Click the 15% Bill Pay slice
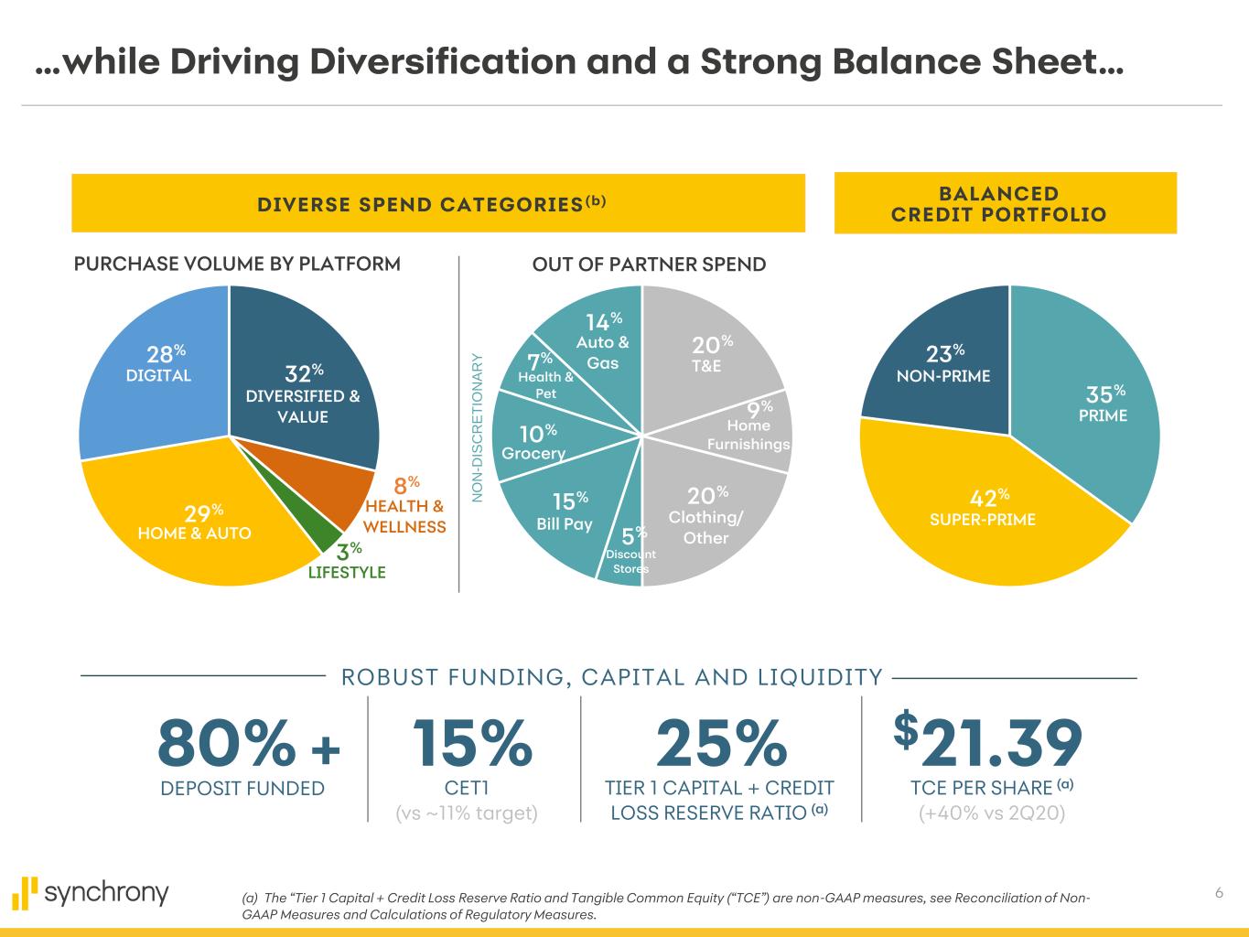[x=558, y=517]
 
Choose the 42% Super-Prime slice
[x=988, y=512]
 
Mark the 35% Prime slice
[x=1098, y=403]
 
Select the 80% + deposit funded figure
[x=248, y=743]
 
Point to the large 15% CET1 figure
[x=471, y=743]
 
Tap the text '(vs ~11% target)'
[x=465, y=813]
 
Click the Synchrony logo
[x=92, y=893]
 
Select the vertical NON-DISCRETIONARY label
[x=477, y=427]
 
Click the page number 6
[x=1219, y=893]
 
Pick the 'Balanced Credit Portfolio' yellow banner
[x=1005, y=203]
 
